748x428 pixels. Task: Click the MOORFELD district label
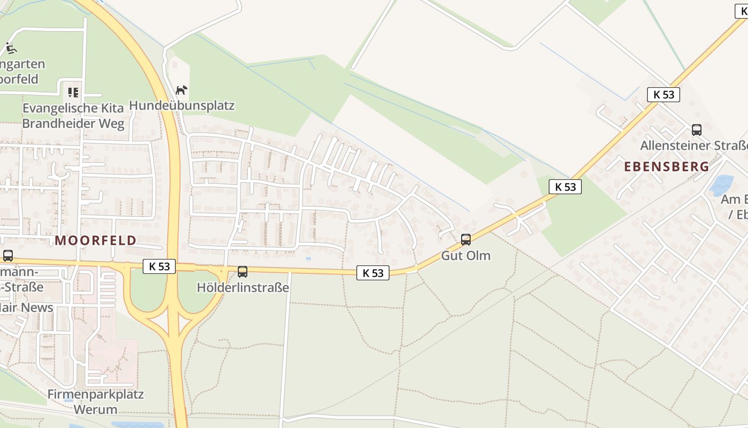[96, 240]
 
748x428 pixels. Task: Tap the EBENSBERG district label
[667, 166]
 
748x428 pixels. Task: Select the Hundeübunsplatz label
[182, 105]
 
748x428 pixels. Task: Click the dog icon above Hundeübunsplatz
[182, 90]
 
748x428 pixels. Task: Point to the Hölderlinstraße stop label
[243, 287]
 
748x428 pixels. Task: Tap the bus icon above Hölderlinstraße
[243, 272]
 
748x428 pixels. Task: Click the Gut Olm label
[465, 255]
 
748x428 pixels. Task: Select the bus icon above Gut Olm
[466, 240]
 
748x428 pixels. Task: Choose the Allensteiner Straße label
[694, 146]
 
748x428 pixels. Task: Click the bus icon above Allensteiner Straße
[697, 129]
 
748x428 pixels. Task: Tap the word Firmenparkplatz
[96, 395]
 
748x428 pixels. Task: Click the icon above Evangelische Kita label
[73, 93]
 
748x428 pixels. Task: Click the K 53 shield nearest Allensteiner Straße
[664, 95]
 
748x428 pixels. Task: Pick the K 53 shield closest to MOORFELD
[159, 266]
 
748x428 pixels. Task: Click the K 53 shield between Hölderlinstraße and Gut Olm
[373, 273]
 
